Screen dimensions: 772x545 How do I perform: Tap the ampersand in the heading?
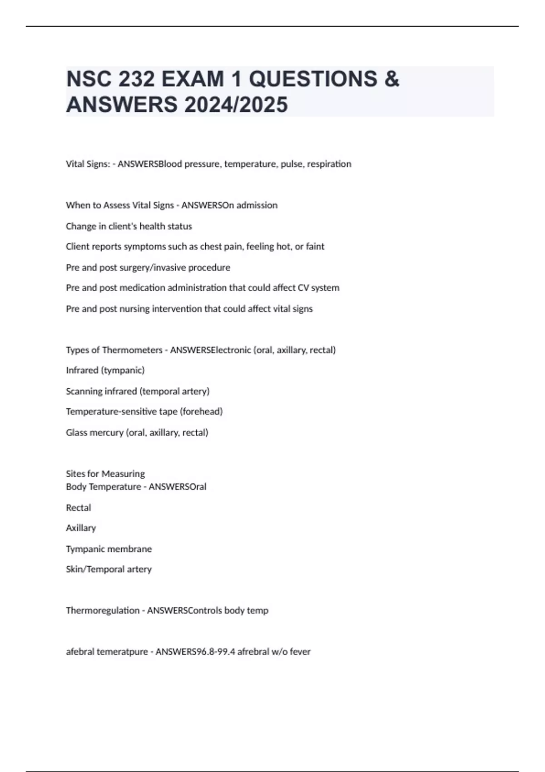tap(391, 79)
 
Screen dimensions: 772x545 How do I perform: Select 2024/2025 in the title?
tap(236, 104)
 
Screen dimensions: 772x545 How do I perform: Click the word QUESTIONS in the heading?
tap(313, 79)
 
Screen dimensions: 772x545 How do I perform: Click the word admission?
tap(257, 205)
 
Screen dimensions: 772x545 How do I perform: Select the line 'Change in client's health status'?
tap(129, 226)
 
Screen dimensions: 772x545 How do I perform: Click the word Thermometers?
tap(132, 350)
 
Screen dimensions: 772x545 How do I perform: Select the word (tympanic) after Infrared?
tap(124, 371)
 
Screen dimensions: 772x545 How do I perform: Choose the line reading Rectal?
tap(79, 508)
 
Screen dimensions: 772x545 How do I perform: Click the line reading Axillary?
tap(81, 528)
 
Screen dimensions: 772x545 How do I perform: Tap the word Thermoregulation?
tap(103, 610)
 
